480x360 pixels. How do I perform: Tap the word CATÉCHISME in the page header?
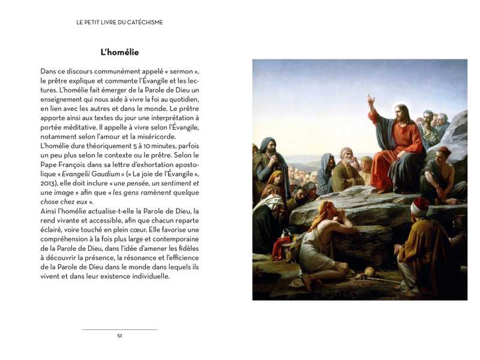(x=142, y=22)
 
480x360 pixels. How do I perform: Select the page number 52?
(x=119, y=335)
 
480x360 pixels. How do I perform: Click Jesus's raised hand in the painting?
(x=371, y=99)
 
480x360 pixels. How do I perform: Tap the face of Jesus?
(x=398, y=112)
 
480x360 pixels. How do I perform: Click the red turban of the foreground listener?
(x=420, y=206)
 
